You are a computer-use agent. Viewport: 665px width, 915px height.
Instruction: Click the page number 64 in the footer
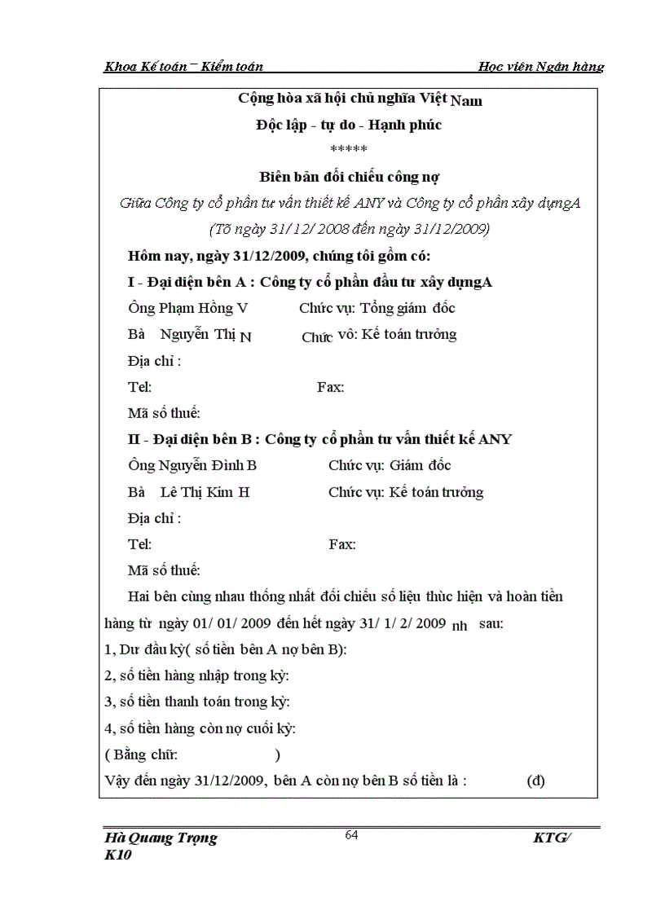[352, 834]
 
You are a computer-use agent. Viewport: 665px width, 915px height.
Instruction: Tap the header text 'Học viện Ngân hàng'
[541, 67]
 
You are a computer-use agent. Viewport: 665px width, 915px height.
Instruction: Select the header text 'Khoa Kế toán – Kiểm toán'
[183, 67]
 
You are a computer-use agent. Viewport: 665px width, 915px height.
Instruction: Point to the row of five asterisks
[349, 150]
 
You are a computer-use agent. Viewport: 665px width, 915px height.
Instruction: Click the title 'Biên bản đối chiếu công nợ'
[350, 177]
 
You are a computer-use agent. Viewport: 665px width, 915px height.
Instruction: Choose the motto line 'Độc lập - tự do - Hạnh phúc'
[349, 125]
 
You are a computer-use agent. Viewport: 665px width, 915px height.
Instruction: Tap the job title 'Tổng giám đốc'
[407, 308]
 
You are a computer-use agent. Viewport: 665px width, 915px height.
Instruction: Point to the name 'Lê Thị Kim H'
[205, 492]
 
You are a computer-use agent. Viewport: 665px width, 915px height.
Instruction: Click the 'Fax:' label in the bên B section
[342, 544]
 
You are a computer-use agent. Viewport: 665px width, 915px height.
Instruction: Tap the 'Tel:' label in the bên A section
[140, 387]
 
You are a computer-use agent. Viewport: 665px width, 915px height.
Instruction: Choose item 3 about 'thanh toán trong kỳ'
[198, 702]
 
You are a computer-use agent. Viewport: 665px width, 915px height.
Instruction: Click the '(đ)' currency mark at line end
[535, 781]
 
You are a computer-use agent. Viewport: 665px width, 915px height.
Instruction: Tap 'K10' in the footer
[118, 856]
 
